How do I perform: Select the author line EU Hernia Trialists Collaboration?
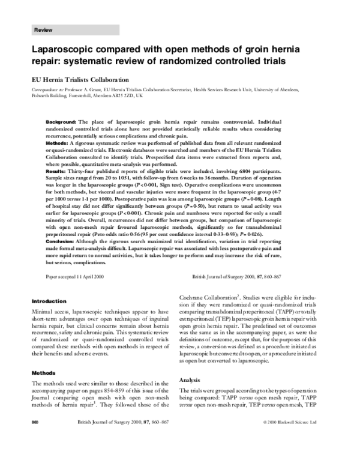80,79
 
